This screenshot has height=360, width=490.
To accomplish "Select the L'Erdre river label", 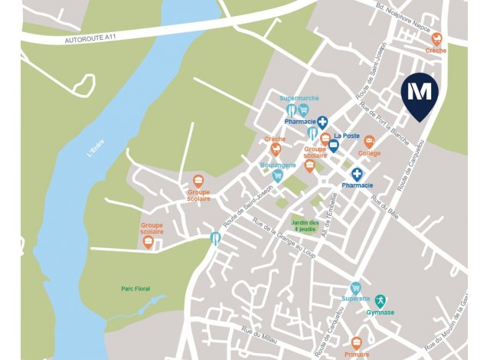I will tap(96, 146).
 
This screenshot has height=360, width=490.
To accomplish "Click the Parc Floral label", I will tap(136, 289).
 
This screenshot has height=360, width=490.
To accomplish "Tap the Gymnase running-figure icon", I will tap(380, 300).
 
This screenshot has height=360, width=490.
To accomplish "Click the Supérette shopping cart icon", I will tap(355, 288).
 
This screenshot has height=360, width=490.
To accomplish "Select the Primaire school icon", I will tap(356, 344).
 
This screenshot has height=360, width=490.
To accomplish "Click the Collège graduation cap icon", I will tap(369, 142).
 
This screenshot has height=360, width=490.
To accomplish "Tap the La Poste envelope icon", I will tap(334, 146).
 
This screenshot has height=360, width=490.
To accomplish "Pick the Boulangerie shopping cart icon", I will tap(278, 176).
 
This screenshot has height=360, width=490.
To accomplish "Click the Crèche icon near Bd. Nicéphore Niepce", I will tap(437, 38).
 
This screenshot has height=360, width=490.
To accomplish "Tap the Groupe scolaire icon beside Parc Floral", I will tap(149, 244).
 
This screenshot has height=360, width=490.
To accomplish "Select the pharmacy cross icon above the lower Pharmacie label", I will tap(357, 174).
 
